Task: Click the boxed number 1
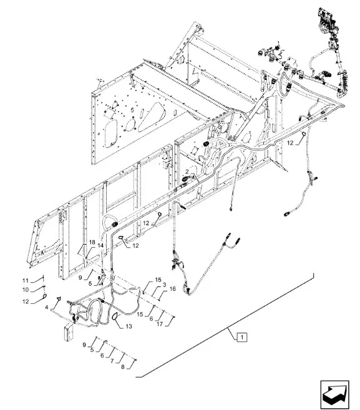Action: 242,337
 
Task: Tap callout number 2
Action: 187,172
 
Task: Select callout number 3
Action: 164,285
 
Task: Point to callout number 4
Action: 47,308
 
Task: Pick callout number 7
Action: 112,361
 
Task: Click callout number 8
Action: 123,367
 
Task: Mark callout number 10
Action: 26,290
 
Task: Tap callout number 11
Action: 25,281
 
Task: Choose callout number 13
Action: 129,326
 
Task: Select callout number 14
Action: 100,245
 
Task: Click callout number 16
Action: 173,289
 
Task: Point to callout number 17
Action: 160,324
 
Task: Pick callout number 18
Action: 92,242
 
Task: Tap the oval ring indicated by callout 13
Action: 115,316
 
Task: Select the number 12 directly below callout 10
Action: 26,301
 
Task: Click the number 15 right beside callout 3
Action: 158,280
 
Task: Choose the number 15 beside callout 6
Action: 140,314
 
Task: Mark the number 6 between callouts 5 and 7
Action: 102,355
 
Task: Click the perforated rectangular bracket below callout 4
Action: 69,333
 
